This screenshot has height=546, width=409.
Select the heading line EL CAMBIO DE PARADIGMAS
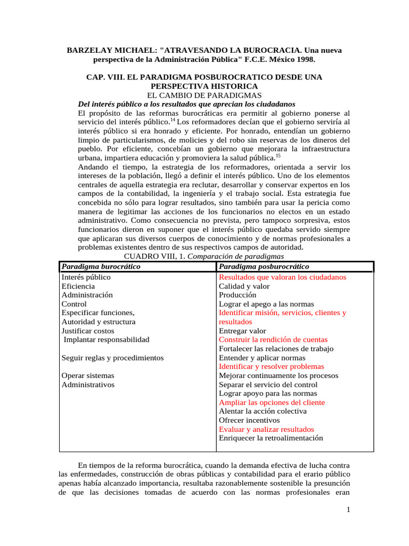click(x=204, y=94)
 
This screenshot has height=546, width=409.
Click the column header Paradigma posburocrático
click(x=264, y=267)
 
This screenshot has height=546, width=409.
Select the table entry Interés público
click(x=86, y=277)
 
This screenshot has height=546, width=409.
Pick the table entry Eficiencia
click(x=78, y=286)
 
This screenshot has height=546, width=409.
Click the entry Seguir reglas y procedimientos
click(x=112, y=358)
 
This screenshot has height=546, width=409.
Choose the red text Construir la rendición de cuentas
click(x=273, y=340)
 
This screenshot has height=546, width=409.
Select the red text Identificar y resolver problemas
click(x=271, y=367)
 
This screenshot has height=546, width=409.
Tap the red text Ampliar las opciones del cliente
click(x=272, y=403)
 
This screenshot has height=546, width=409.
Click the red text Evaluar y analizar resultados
click(x=266, y=429)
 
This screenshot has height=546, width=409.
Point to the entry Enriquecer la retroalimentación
click(x=271, y=438)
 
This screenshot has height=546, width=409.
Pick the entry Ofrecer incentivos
click(x=249, y=420)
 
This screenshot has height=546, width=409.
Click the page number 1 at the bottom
click(x=348, y=510)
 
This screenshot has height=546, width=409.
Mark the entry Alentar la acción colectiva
click(x=263, y=411)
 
